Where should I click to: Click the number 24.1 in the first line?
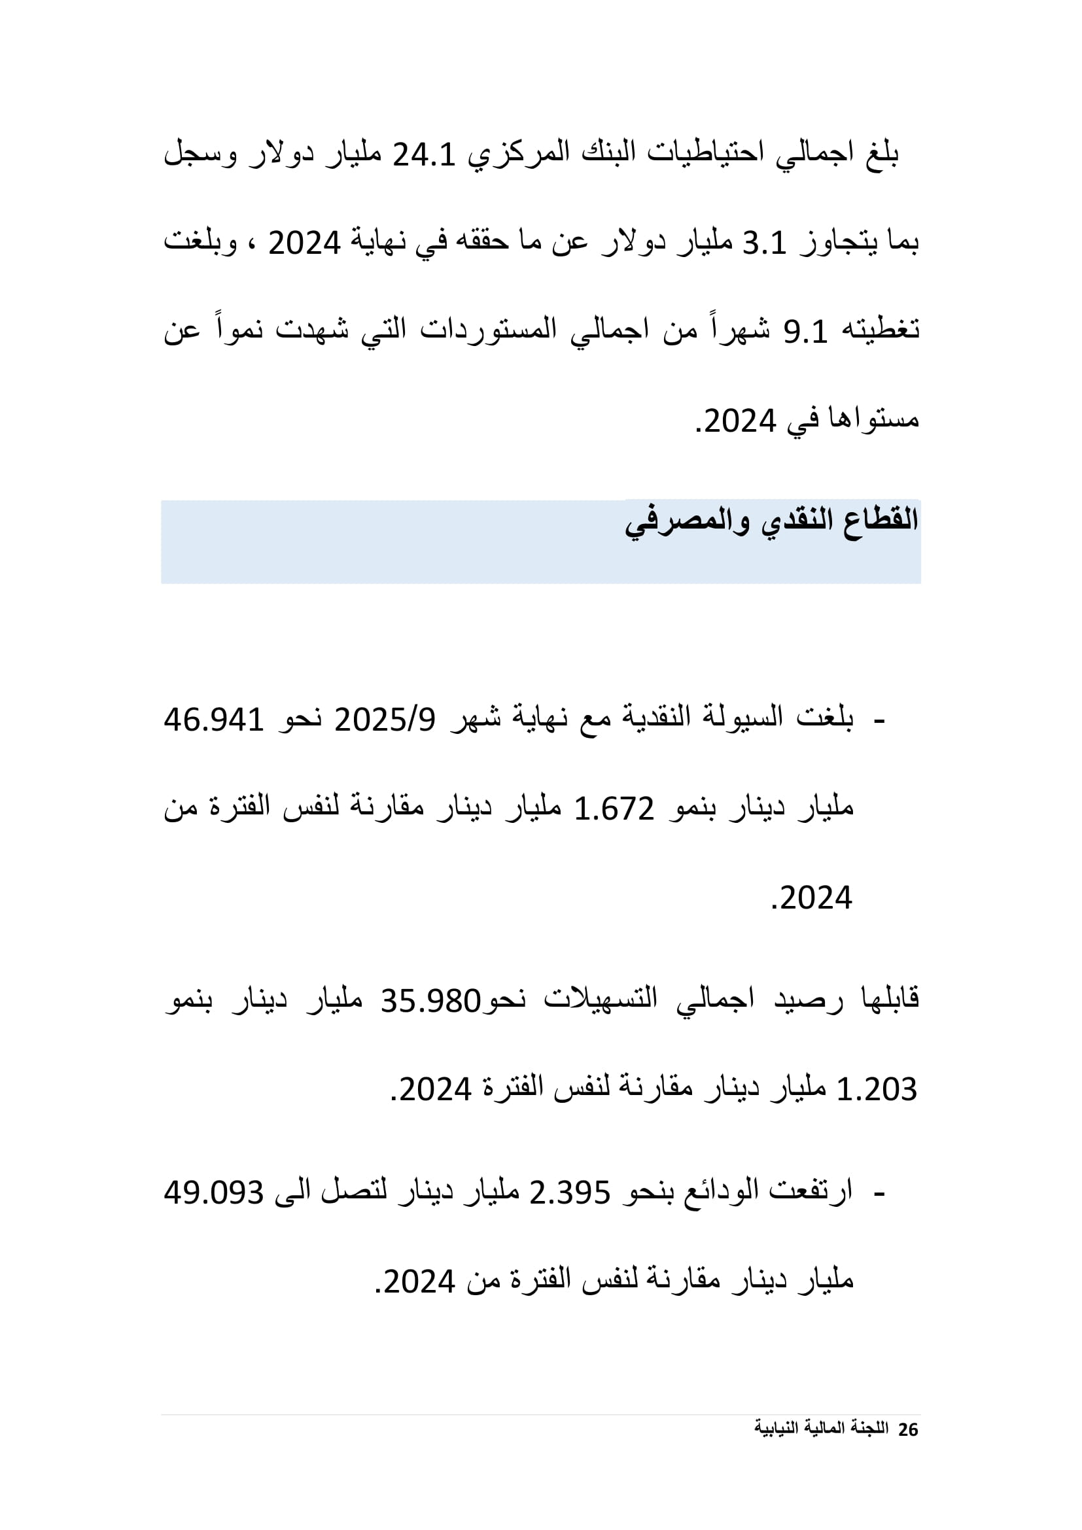point(424,155)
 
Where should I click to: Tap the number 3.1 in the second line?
point(764,244)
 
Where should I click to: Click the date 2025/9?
point(385,720)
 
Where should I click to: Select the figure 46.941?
point(214,720)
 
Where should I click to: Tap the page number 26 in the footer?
point(908,1430)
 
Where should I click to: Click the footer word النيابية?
point(777,1429)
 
